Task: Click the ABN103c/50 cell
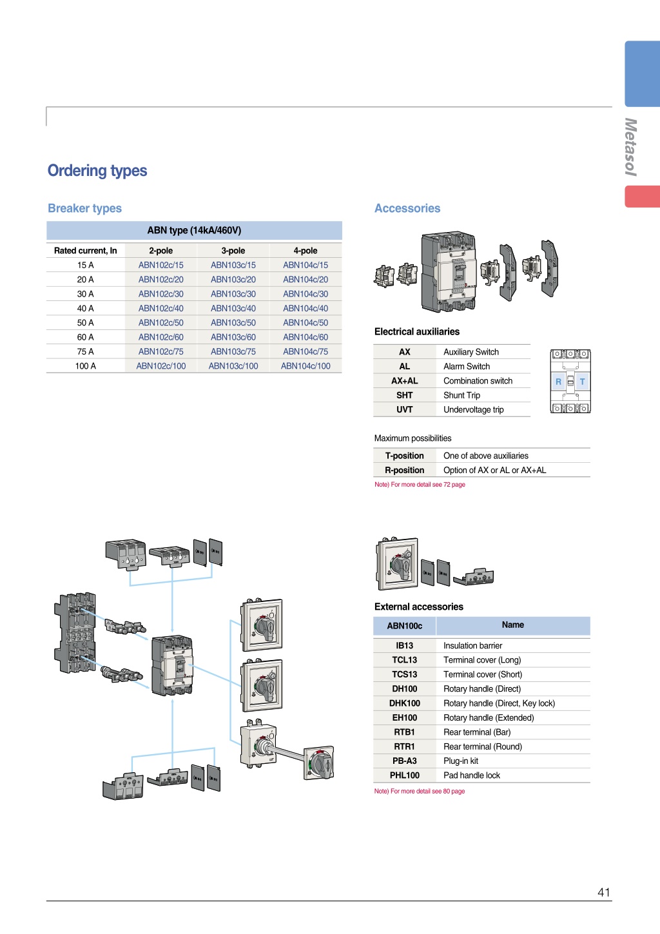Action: coord(233,323)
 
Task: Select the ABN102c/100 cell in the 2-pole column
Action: coord(161,366)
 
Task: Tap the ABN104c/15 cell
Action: coord(306,265)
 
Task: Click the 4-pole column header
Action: coord(306,251)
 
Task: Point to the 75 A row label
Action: coord(86,351)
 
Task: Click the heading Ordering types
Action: coord(97,171)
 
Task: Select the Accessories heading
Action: coord(407,208)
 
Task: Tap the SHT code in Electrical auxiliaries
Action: coord(404,395)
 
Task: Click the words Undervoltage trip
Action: coord(474,409)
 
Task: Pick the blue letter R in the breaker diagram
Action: coord(558,382)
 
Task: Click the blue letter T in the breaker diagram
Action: coord(583,382)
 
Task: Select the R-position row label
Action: coord(404,470)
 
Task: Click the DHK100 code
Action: coord(404,703)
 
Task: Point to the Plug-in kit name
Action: coord(461,761)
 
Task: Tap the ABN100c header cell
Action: coord(404,626)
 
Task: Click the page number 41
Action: coord(604,892)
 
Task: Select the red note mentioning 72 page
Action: coord(420,485)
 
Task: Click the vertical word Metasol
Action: coord(631,147)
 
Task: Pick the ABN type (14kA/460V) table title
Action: coord(194,230)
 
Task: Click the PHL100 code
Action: coord(404,775)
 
